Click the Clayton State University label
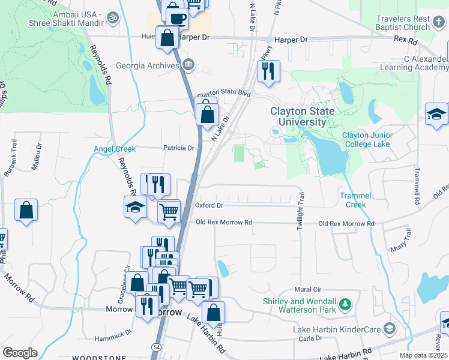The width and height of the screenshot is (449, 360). pyautogui.click(x=298, y=117)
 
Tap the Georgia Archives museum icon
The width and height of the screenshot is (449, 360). pyautogui.click(x=188, y=65)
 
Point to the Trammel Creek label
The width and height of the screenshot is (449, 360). pyautogui.click(x=355, y=200)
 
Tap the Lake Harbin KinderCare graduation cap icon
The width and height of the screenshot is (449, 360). pyautogui.click(x=390, y=329)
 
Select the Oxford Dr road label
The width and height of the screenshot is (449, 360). pyautogui.click(x=209, y=205)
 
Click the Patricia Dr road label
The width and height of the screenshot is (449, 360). pyautogui.click(x=179, y=148)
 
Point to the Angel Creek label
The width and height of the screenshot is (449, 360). pyautogui.click(x=115, y=149)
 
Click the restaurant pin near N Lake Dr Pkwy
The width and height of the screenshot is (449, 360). pyautogui.click(x=268, y=70)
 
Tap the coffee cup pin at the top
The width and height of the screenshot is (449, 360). pyautogui.click(x=177, y=17)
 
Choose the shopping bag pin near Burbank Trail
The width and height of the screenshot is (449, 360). pyautogui.click(x=26, y=211)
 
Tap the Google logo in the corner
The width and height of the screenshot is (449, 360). pyautogui.click(x=20, y=353)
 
